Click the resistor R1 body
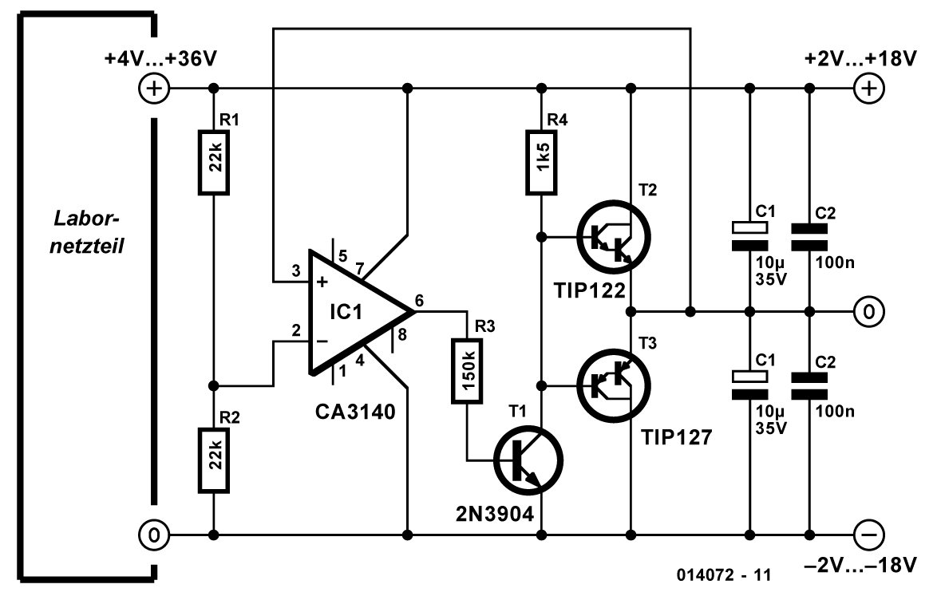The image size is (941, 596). pos(214,163)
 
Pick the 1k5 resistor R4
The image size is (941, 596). pos(543,163)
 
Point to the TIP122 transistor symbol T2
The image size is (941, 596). pos(613,237)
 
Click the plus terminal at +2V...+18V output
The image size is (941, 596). pos(866,88)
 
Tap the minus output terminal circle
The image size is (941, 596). pos(866,533)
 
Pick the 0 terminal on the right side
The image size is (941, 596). pos(866,310)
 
